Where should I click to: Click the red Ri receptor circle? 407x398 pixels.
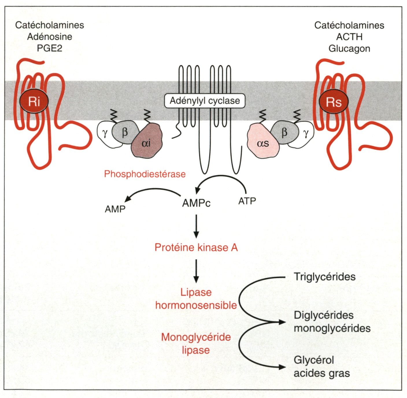tap(34, 102)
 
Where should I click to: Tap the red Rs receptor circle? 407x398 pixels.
tap(334, 102)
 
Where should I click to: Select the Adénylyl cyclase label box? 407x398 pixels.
tap(205, 101)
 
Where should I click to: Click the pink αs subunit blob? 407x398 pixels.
tap(262, 142)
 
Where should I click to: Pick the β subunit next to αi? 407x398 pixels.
tap(124, 132)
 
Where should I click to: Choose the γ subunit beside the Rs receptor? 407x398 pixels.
tap(306, 134)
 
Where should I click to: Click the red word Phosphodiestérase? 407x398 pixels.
tap(145, 174)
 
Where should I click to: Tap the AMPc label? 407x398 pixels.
tap(196, 203)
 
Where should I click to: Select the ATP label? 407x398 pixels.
tap(247, 201)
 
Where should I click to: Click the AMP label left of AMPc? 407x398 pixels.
tap(115, 209)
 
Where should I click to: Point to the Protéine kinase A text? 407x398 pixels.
tap(196, 248)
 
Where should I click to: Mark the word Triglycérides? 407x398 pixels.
tap(325, 277)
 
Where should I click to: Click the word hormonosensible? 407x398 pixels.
tap(196, 305)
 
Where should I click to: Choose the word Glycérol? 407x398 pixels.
tap(314, 360)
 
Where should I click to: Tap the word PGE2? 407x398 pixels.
tap(49, 48)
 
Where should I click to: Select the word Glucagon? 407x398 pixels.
tap(349, 49)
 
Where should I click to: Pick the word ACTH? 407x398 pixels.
tap(349, 37)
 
